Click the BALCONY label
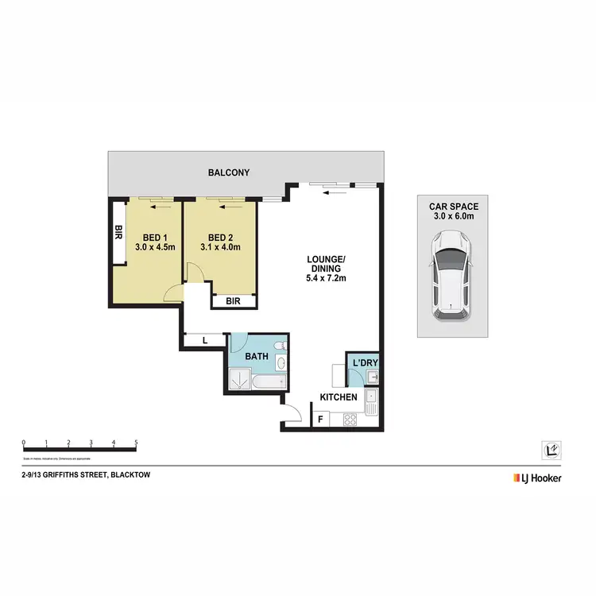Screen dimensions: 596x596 (229, 172)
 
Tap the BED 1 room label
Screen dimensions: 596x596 (154, 238)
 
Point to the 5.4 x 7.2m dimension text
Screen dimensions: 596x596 (327, 279)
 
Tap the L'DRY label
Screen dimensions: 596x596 (365, 364)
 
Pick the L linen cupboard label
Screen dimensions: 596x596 (205, 341)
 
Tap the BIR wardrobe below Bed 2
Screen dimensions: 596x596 (234, 301)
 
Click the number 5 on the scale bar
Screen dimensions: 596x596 (137, 442)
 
